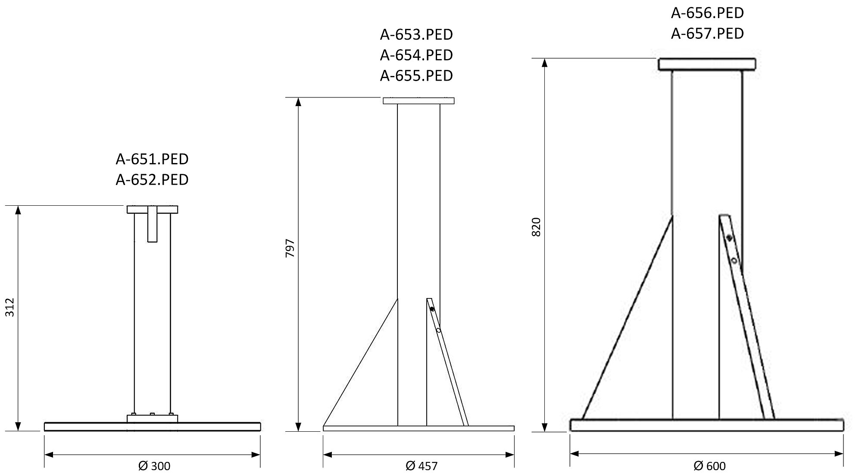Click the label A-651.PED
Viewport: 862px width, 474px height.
click(x=152, y=159)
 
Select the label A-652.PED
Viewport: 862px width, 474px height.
click(x=152, y=179)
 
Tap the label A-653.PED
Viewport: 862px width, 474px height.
click(x=416, y=35)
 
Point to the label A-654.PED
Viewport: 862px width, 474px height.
click(x=416, y=55)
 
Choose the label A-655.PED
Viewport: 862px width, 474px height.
click(x=416, y=75)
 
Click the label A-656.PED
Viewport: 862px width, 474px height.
click(x=707, y=13)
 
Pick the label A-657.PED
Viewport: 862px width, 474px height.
click(x=707, y=33)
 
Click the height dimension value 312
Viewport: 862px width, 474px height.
click(x=10, y=307)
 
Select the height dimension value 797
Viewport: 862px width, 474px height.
click(x=290, y=248)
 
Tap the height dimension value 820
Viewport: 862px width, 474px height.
click(x=536, y=227)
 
